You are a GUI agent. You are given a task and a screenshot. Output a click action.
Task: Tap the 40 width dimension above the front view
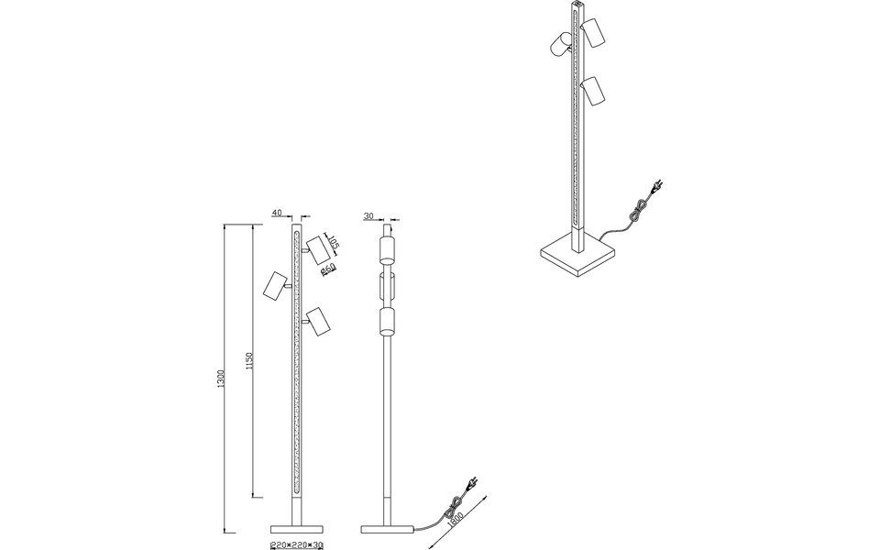pyautogui.click(x=277, y=214)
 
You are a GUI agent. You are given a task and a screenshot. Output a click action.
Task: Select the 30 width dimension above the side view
pyautogui.click(x=368, y=216)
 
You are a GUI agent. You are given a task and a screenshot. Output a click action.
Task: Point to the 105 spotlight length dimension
pyautogui.click(x=334, y=244)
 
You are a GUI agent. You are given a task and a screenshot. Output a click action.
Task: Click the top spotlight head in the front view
pyautogui.click(x=318, y=249)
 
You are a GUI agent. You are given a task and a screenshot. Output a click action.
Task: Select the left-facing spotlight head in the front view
pyautogui.click(x=274, y=285)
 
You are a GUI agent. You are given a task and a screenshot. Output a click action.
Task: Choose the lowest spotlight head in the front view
pyautogui.click(x=317, y=321)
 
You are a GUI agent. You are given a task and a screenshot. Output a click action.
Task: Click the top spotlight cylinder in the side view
pyautogui.click(x=388, y=251)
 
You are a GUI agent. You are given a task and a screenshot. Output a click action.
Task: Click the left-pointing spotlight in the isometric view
pyautogui.click(x=561, y=44)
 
